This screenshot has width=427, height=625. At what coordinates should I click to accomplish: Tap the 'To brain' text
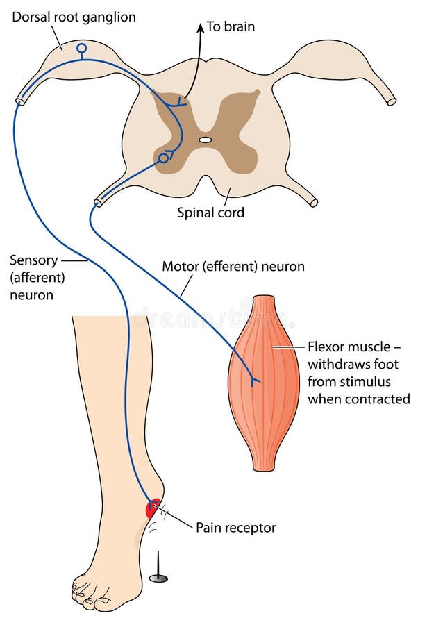point(231,27)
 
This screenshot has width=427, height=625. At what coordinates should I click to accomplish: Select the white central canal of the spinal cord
point(205,140)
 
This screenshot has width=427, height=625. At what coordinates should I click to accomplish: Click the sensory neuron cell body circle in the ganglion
point(82,49)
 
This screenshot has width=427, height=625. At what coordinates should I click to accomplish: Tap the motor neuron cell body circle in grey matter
point(163,158)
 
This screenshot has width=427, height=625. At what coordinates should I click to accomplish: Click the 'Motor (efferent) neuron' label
point(233,266)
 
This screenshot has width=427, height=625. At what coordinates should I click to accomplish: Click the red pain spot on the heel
point(152,508)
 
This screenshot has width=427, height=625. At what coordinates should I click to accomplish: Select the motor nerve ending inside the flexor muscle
point(256,380)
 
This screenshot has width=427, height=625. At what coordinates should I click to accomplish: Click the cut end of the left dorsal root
point(20,101)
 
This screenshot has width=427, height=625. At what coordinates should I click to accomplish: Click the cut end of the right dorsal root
point(392,101)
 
